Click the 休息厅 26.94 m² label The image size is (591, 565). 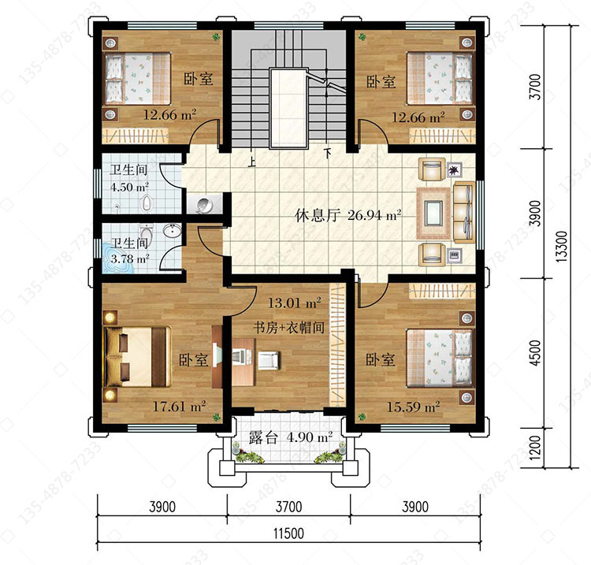point(348,216)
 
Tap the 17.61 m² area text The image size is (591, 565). point(179,407)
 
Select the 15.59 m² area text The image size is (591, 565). point(414,407)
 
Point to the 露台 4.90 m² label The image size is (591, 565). point(290,437)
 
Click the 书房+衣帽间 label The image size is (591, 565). point(288,328)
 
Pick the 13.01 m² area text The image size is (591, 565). point(294,303)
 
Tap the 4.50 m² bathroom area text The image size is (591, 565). point(129,187)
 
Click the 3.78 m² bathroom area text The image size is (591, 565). point(130,258)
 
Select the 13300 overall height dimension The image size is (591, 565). point(561,247)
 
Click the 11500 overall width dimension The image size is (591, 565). point(288,533)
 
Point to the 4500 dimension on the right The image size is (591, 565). point(535,353)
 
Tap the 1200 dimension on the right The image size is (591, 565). point(535,448)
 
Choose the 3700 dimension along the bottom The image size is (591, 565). point(288,507)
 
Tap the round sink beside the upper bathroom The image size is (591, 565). point(204,205)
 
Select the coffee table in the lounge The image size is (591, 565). point(433,213)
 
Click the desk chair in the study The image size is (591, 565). point(269,359)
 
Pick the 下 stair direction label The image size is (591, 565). point(328,153)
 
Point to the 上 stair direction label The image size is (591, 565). point(251,162)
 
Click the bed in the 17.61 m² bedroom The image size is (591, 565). point(137,356)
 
